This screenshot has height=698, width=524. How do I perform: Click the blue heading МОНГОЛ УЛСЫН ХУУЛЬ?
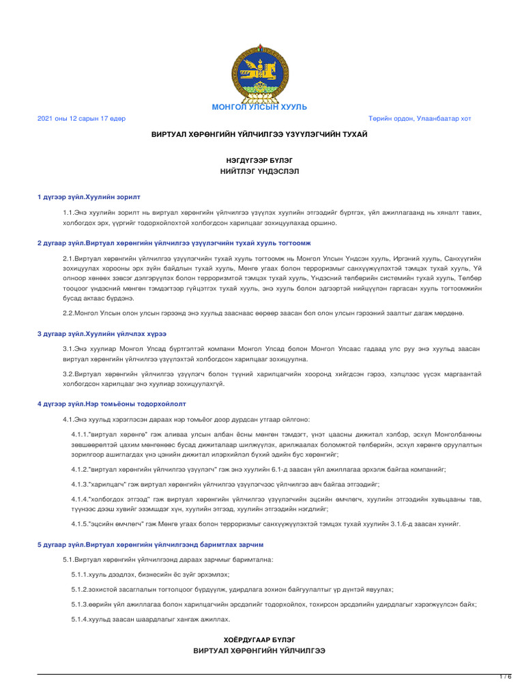(259, 107)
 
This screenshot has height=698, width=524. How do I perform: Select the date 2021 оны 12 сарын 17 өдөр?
(81, 119)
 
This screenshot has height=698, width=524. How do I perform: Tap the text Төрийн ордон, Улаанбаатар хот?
(420, 119)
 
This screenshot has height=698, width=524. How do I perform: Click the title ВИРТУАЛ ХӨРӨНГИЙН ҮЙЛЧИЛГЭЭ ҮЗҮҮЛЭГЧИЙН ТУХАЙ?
(259, 134)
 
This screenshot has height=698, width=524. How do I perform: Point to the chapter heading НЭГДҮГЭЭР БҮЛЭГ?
(259, 160)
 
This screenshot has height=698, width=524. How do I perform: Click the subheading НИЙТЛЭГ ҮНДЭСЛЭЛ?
(259, 171)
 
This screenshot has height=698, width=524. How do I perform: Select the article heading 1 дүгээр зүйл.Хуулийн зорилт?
(89, 197)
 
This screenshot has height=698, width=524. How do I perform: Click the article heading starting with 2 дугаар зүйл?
(174, 243)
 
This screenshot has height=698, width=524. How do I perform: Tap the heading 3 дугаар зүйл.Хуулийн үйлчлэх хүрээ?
(102, 333)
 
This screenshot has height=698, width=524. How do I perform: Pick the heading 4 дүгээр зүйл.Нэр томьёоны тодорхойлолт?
(112, 404)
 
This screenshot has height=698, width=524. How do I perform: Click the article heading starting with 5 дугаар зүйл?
(150, 545)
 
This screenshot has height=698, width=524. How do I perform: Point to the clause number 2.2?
(68, 313)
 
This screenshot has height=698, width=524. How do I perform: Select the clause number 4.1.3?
(79, 483)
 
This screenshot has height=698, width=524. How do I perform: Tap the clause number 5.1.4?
(79, 619)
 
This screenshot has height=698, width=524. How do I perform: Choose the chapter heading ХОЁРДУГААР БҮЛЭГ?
(259, 639)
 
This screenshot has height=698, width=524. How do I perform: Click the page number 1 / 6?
(506, 677)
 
